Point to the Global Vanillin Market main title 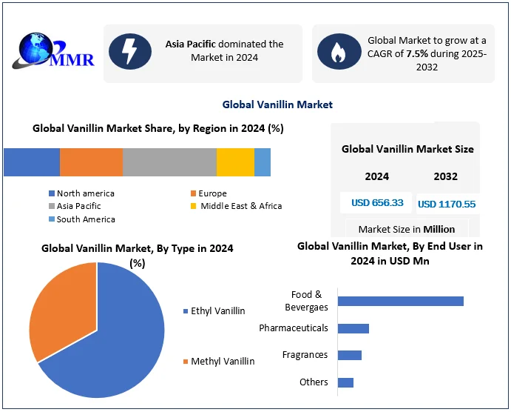coord(277,104)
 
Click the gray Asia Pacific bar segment coord(169,162)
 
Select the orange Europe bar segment coord(91,162)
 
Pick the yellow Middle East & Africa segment coord(235,162)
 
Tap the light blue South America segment coord(263,162)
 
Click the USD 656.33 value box coord(377,202)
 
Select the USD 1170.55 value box coord(447,204)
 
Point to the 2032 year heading coord(445,176)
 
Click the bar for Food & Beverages coord(400,301)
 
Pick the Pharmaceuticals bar coord(353,328)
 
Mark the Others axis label coord(314,382)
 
